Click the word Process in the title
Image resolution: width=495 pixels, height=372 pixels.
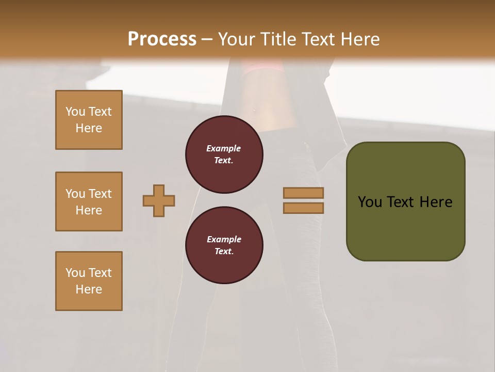(162, 39)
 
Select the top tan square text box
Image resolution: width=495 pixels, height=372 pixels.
(89, 120)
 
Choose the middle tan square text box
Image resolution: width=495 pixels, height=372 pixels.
(89, 202)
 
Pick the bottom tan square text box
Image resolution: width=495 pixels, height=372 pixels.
(89, 281)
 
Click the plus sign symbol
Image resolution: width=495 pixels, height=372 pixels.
(159, 200)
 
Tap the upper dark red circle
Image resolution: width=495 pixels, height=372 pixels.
(224, 154)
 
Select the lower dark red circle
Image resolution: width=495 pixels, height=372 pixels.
(224, 245)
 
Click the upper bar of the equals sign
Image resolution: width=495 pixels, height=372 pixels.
(303, 193)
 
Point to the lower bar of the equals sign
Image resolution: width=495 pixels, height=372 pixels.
(303, 208)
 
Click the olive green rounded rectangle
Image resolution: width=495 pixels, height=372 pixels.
(405, 227)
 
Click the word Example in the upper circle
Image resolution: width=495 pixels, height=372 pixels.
(224, 149)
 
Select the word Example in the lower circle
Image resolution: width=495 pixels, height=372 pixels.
(224, 240)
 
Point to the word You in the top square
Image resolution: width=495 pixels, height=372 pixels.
(75, 112)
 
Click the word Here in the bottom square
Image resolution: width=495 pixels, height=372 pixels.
(89, 290)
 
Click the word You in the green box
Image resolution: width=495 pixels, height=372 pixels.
(370, 202)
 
